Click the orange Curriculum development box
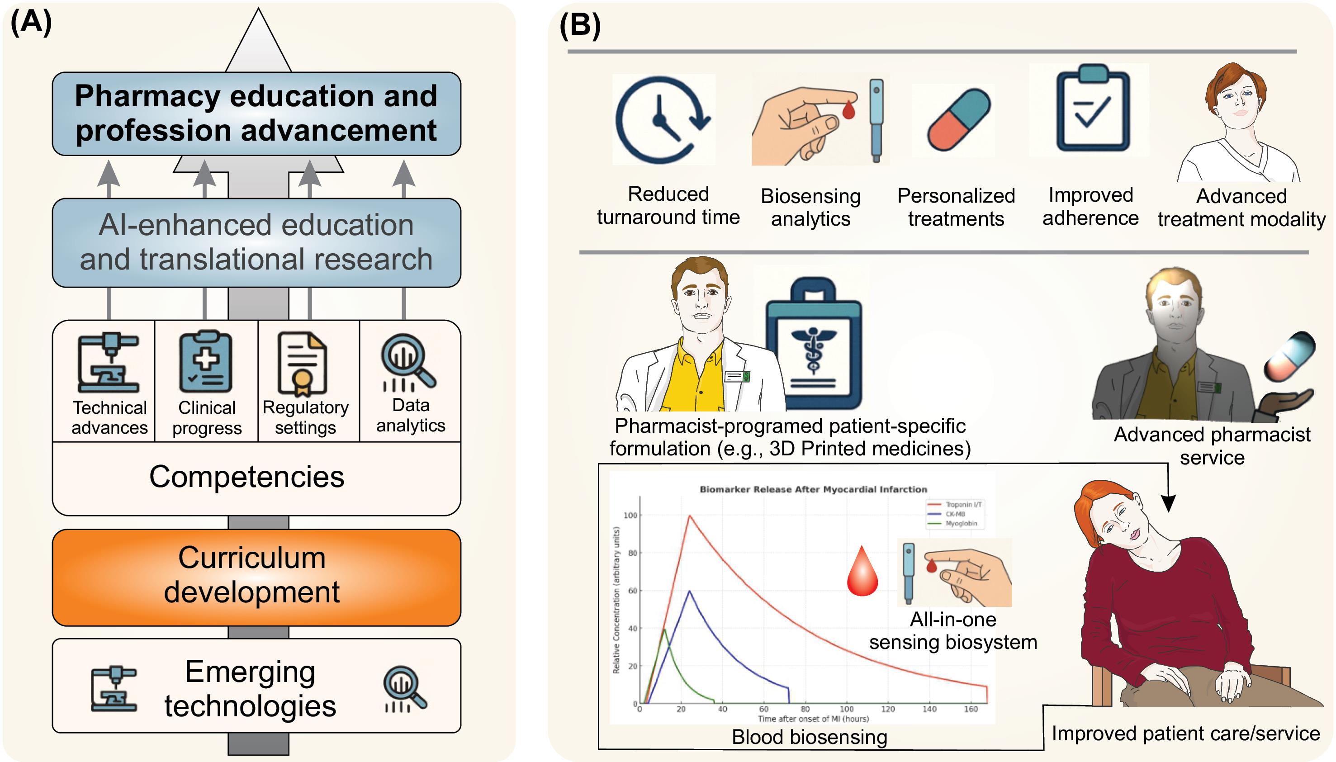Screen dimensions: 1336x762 tap(256, 577)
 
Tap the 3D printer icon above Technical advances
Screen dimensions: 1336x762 tap(109, 362)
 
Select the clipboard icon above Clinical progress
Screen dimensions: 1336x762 tap(206, 361)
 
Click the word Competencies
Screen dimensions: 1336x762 tap(247, 477)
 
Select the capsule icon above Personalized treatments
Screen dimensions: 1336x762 tap(959, 120)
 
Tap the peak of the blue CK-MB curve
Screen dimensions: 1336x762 tap(690, 591)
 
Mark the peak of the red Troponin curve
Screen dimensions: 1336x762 tap(690, 516)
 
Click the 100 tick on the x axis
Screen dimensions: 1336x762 tap(847, 709)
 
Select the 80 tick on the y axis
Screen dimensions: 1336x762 tap(632, 553)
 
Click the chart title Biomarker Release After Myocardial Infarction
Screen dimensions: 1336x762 tap(813, 489)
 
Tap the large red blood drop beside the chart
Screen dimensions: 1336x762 tap(862, 571)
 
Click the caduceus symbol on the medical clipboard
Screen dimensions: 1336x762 tap(813, 348)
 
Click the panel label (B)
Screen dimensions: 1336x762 tap(580, 24)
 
